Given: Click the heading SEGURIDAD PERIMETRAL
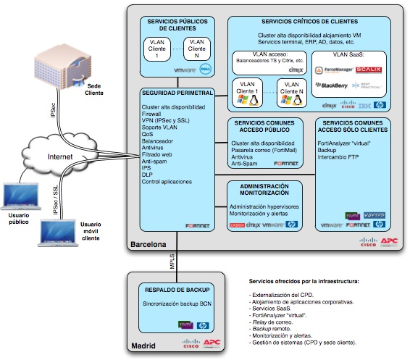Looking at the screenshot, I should (x=177, y=93).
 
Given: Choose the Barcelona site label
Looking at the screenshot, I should (x=148, y=245).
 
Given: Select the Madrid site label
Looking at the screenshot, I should (x=143, y=346).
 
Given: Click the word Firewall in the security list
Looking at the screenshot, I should (x=153, y=114).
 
